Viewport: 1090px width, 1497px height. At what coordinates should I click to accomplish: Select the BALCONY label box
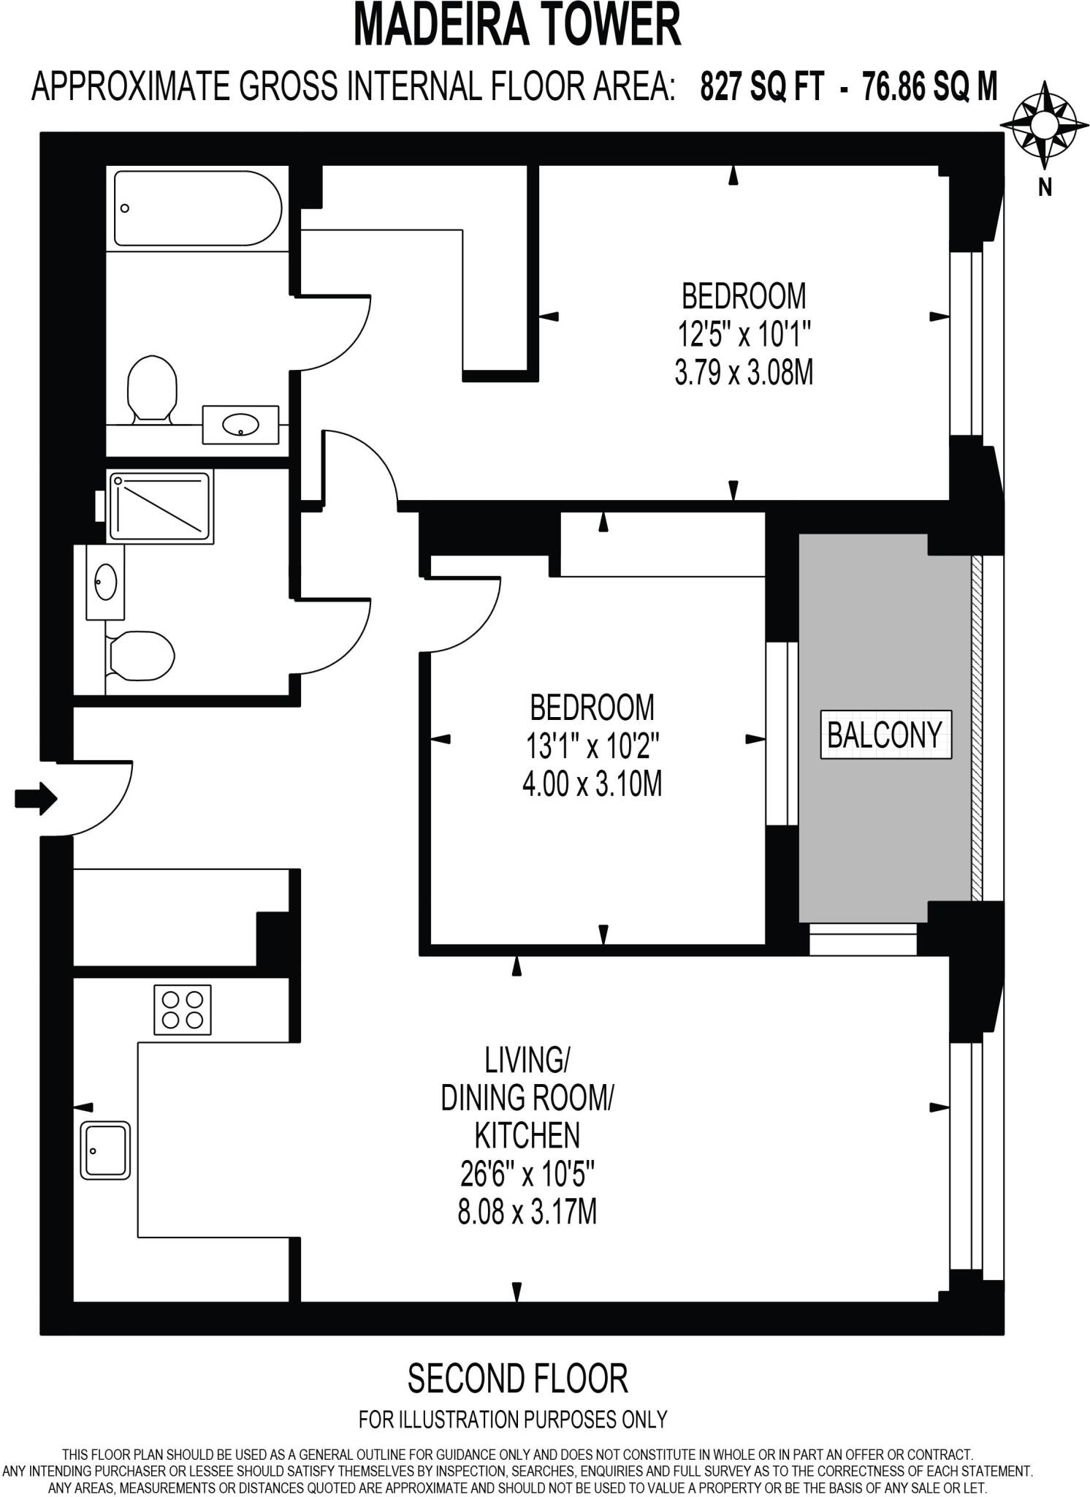(x=885, y=735)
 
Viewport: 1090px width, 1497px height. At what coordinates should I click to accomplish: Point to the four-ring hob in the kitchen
(x=183, y=1009)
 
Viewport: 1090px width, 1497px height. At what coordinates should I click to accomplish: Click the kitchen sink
(x=104, y=1151)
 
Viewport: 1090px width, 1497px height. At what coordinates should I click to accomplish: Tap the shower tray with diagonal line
(x=160, y=506)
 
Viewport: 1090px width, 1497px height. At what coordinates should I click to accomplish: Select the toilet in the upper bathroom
(x=152, y=388)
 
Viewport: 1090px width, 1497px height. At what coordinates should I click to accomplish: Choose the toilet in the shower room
(x=140, y=653)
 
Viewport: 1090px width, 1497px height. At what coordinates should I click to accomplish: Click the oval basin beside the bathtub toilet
(x=240, y=424)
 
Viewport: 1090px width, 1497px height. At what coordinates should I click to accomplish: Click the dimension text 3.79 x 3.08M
(x=744, y=374)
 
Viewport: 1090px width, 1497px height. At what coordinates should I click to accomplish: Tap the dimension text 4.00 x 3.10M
(x=592, y=785)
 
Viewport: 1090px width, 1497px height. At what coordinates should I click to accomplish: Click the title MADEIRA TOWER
(x=517, y=26)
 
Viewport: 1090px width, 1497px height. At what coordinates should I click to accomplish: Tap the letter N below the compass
(x=1045, y=188)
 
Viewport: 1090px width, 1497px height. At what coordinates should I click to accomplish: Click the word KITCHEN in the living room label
(x=527, y=1136)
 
